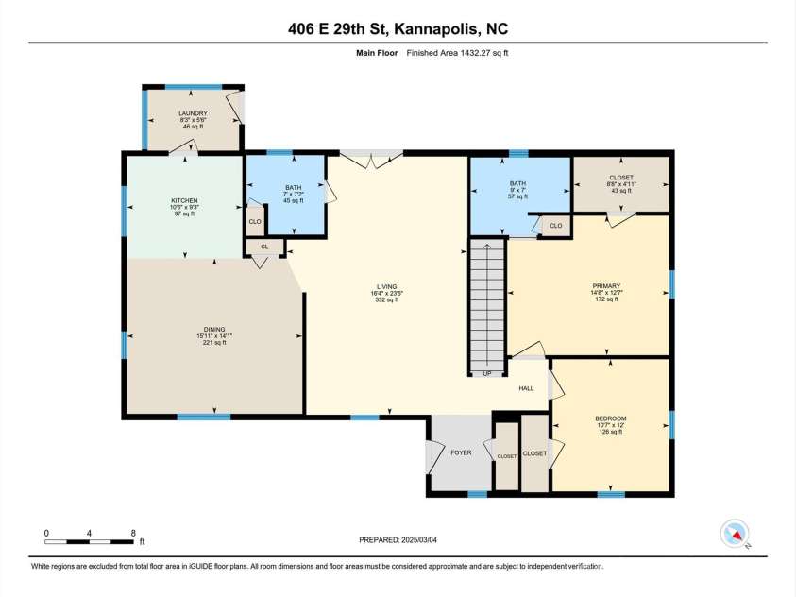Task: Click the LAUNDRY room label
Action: coord(193,113)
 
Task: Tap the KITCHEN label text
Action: coord(183,201)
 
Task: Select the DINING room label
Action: coord(214,330)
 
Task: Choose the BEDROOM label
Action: coord(610,418)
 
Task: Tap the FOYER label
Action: coord(460,453)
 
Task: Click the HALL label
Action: coord(526,388)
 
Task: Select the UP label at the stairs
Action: coord(487,374)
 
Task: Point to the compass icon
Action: coord(734,534)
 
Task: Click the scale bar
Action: coord(91,541)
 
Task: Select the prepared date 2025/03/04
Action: coord(398,539)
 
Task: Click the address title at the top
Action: coord(398,28)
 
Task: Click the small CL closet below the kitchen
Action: coord(264,247)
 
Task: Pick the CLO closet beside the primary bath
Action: coord(555,226)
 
